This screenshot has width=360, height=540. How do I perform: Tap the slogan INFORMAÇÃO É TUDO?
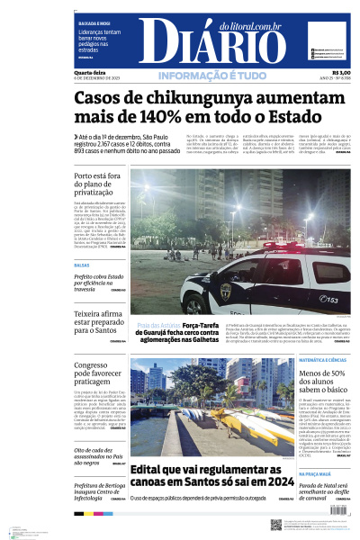[x=211, y=76]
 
